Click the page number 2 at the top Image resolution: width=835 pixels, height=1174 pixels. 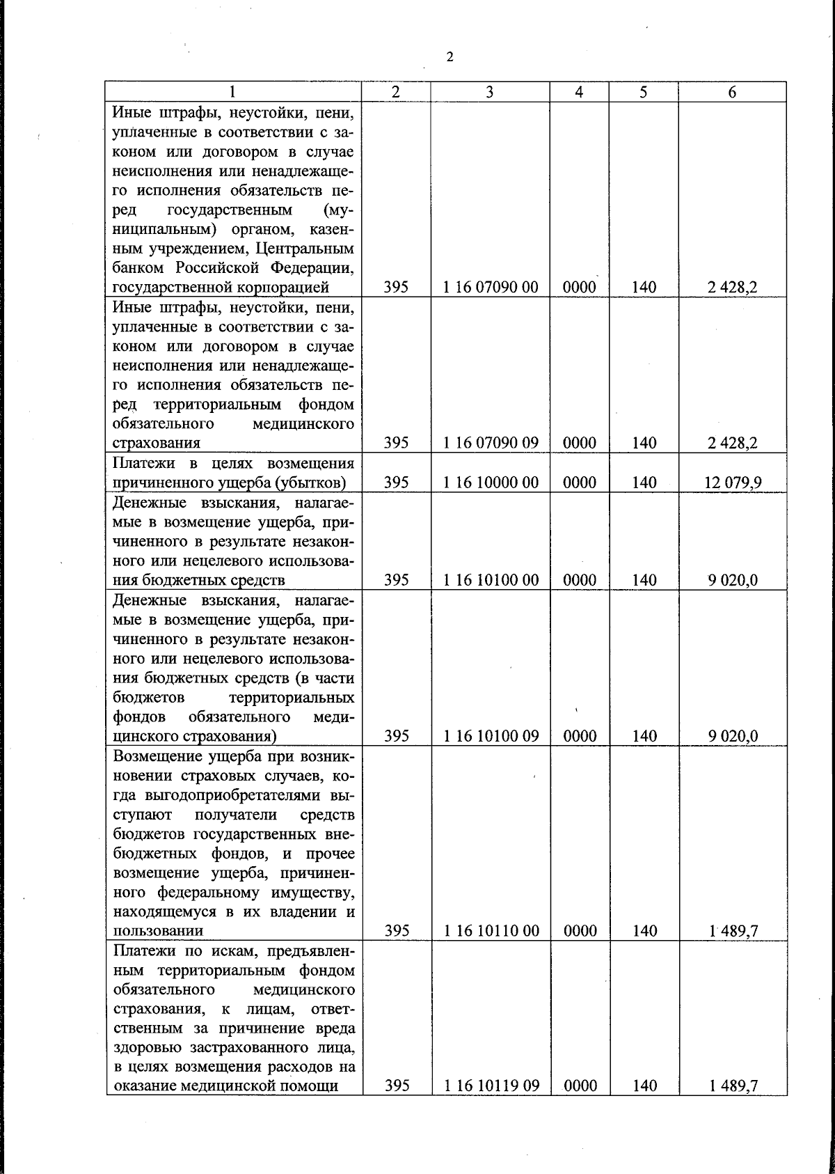[x=450, y=57]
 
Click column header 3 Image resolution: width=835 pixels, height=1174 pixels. [x=490, y=92]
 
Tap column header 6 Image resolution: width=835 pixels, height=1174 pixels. [x=732, y=92]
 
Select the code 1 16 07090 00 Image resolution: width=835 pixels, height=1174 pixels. [x=491, y=287]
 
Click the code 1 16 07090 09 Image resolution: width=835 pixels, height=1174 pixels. [x=491, y=443]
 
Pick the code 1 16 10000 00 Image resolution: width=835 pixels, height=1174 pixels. [x=491, y=482]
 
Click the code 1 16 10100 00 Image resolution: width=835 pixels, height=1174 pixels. [x=491, y=580]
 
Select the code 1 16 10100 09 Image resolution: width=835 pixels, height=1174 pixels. [x=491, y=736]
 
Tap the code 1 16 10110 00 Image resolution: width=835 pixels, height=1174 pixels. [x=491, y=931]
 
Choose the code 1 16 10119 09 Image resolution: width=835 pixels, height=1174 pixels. [x=491, y=1085]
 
